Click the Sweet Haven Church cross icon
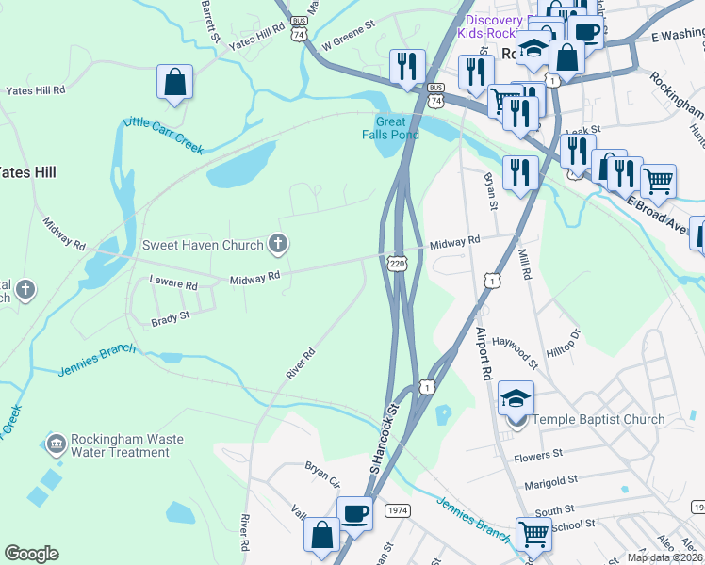277,245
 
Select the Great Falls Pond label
391,128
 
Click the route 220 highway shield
397,264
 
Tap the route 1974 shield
397,510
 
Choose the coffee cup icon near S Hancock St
354,513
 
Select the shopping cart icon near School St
533,534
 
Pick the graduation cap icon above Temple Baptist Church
516,398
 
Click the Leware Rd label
173,283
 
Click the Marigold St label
551,481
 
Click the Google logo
31,554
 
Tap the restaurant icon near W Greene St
406,66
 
